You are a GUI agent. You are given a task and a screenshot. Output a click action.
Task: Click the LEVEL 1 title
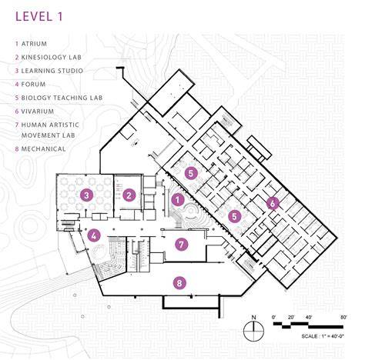pyautogui.click(x=39, y=16)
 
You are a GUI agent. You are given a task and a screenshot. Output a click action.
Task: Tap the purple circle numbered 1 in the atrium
pyautogui.click(x=178, y=199)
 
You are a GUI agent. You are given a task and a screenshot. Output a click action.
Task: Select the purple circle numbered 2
pyautogui.click(x=129, y=195)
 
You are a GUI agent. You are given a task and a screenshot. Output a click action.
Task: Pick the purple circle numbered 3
pyautogui.click(x=86, y=195)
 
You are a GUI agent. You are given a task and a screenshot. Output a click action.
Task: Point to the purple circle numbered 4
pyautogui.click(x=94, y=235)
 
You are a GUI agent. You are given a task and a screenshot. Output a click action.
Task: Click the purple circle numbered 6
pyautogui.click(x=273, y=203)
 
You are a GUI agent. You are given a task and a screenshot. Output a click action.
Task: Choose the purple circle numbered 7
pyautogui.click(x=182, y=245)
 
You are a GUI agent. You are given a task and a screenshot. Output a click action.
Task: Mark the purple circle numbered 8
pyautogui.click(x=179, y=283)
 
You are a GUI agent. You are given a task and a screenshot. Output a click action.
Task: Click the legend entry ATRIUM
pyautogui.click(x=34, y=44)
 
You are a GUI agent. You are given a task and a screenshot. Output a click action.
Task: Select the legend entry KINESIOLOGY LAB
pyautogui.click(x=52, y=57)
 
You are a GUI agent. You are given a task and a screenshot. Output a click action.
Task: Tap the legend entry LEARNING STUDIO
pyautogui.click(x=52, y=71)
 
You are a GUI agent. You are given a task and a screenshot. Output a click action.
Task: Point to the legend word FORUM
pyautogui.click(x=33, y=84)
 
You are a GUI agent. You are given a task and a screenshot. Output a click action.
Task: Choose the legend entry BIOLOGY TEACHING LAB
pyautogui.click(x=62, y=98)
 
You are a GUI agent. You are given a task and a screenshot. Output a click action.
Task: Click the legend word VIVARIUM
pyautogui.click(x=38, y=112)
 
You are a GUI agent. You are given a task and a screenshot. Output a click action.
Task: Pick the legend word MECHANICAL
pyautogui.click(x=43, y=148)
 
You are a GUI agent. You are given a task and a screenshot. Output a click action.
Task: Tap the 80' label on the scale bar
pyautogui.click(x=343, y=318)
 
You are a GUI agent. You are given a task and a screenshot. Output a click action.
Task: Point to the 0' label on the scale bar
pyautogui.click(x=274, y=318)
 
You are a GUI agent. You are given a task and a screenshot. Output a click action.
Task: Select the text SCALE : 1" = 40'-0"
pyautogui.click(x=323, y=336)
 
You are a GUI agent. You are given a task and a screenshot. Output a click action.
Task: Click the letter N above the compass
pyautogui.click(x=254, y=318)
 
